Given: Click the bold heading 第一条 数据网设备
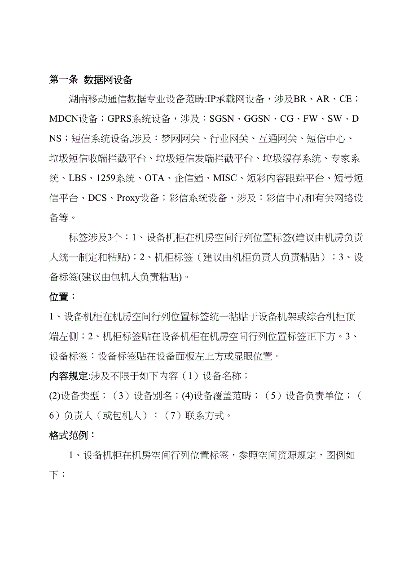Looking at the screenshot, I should point(91,80).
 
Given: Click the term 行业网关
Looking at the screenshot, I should point(228,139).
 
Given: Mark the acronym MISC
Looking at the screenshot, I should point(225,178).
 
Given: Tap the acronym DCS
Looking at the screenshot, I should point(97,198).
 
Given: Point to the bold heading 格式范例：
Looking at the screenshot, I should point(72,435).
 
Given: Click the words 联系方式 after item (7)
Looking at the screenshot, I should point(204,416).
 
